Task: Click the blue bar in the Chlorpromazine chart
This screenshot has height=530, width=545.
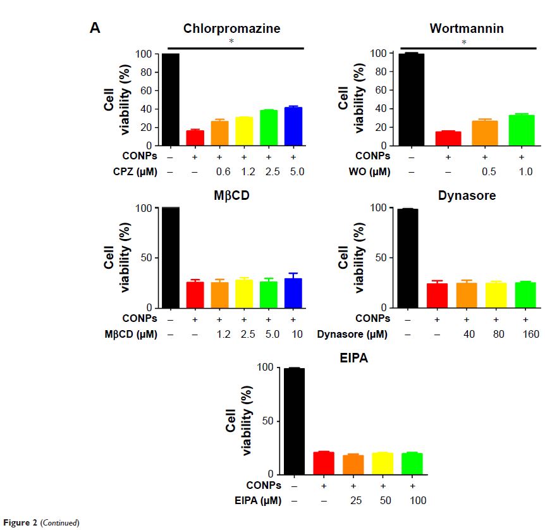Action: point(293,126)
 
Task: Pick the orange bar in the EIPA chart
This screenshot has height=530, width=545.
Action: point(353,464)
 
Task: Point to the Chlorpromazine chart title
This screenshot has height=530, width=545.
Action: point(232,28)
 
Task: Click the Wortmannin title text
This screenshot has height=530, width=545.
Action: point(466,28)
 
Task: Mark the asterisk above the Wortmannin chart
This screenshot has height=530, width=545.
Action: point(464,42)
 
